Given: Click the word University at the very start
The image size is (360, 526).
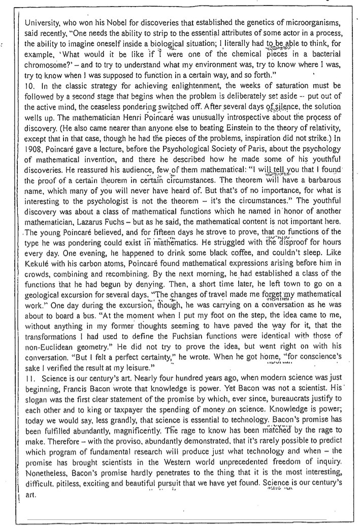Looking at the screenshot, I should [x=41, y=23].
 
